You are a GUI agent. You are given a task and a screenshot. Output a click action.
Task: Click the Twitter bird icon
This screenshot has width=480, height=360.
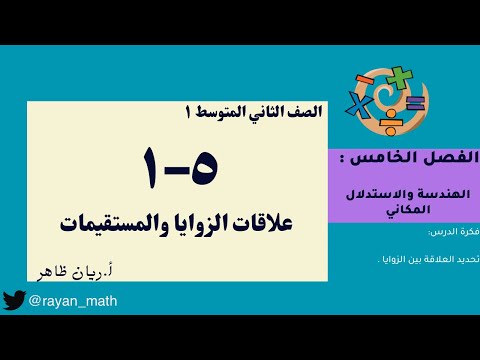click(x=13, y=300)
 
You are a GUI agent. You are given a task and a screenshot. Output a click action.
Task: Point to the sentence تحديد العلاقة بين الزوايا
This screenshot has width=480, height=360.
click(x=431, y=258)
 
